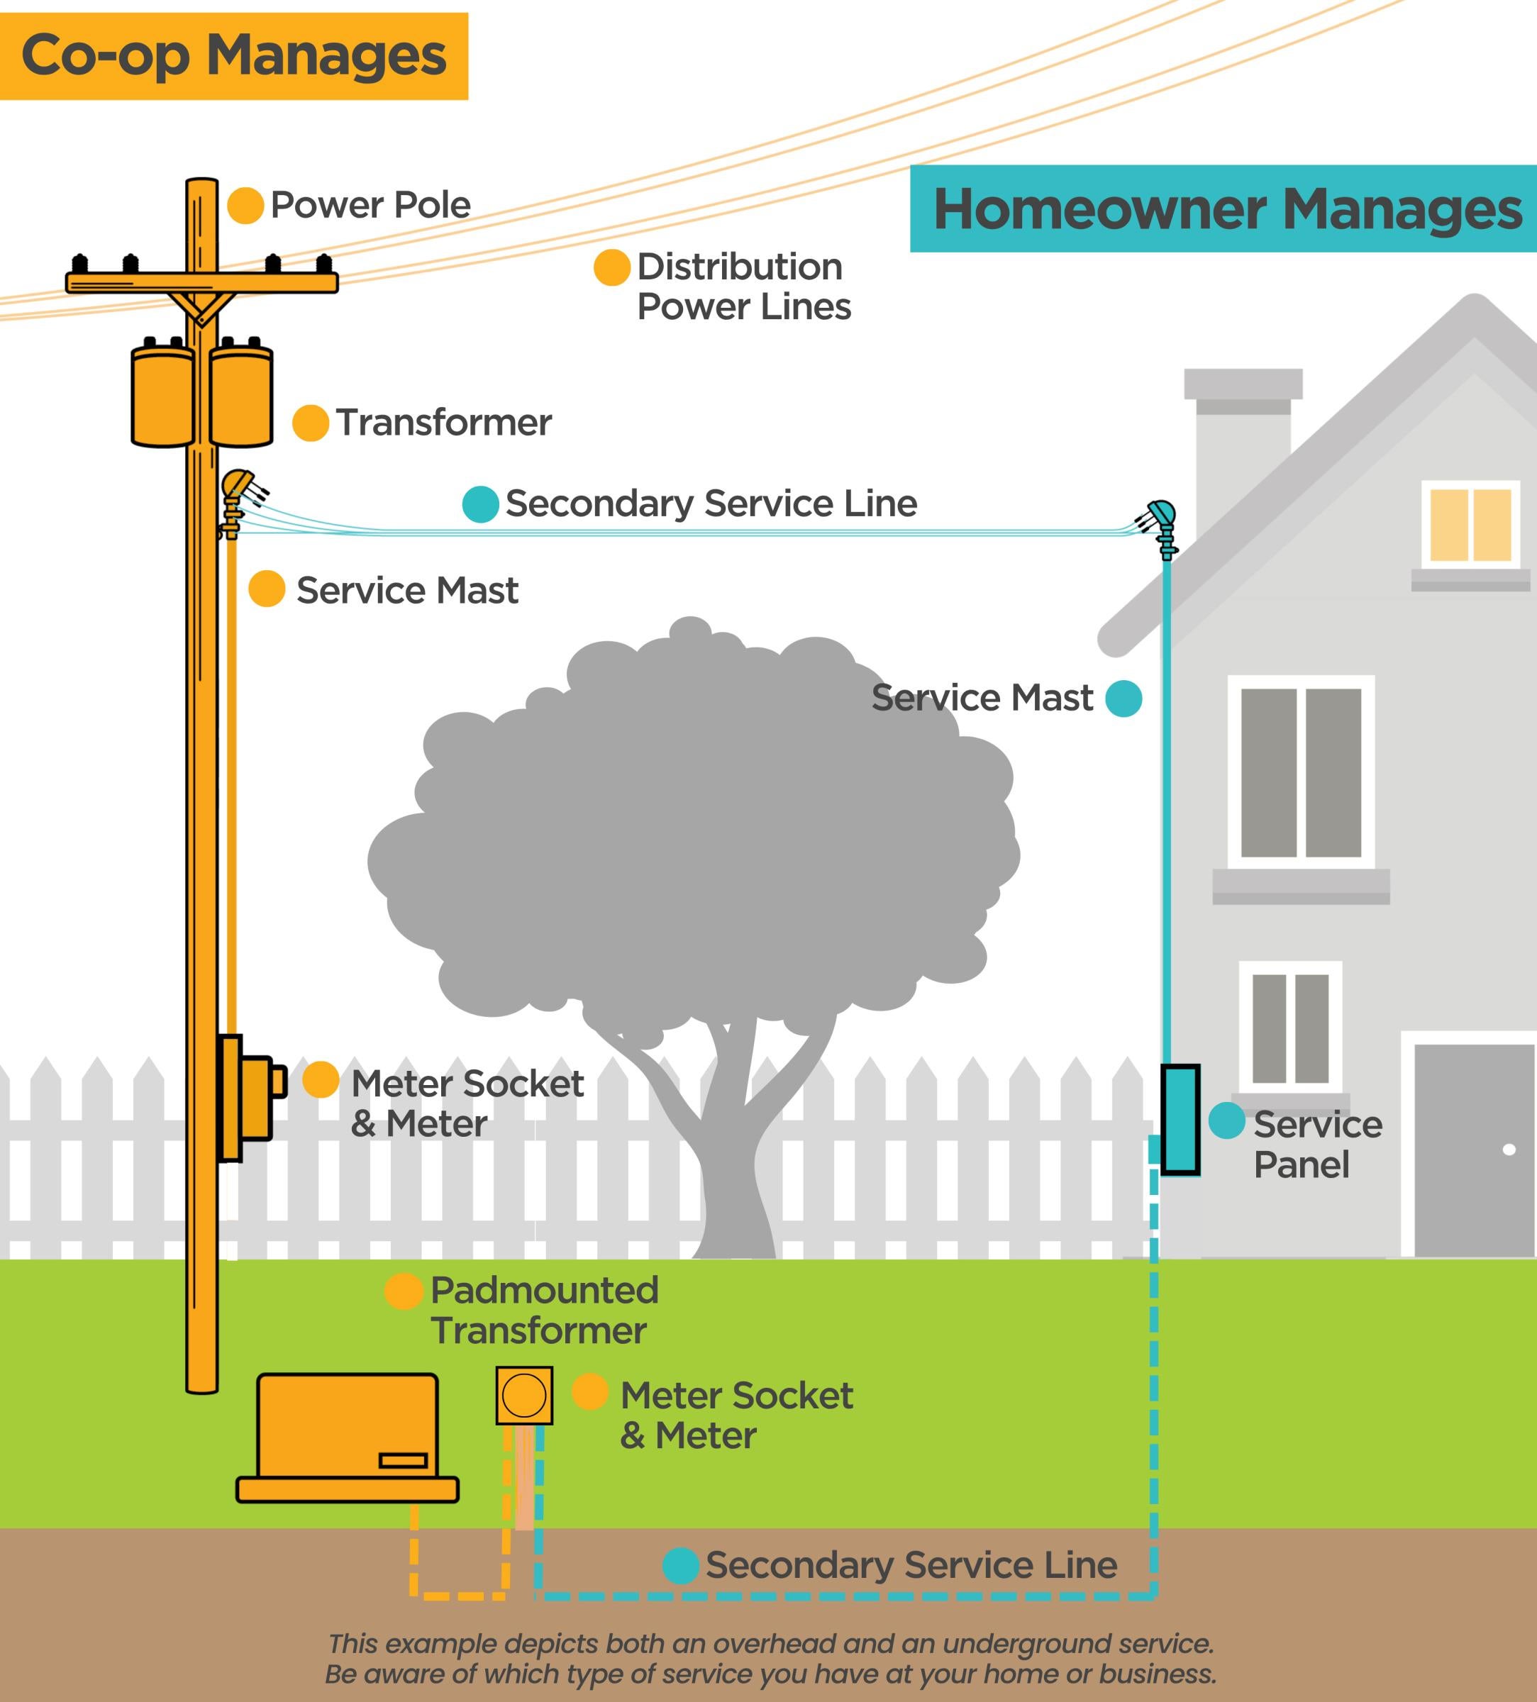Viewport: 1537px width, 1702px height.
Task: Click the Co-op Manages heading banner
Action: [233, 56]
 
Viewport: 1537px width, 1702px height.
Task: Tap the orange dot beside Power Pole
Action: [245, 206]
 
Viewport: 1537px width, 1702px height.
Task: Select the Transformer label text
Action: [443, 422]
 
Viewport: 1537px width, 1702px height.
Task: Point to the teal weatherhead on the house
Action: [1161, 517]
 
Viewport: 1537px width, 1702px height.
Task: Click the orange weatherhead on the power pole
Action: [236, 488]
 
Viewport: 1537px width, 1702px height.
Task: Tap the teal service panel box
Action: [1180, 1120]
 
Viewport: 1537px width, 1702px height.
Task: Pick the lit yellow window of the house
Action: [1470, 524]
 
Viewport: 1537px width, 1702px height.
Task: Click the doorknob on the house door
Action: [1509, 1149]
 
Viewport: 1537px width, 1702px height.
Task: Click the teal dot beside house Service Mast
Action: [1123, 699]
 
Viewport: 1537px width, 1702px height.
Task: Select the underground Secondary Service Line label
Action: [911, 1564]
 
